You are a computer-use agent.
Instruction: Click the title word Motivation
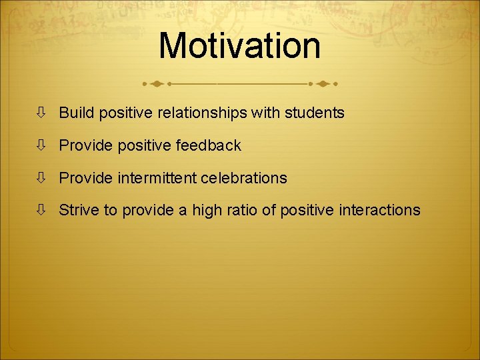(x=239, y=46)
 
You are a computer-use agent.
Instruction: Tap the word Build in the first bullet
(x=77, y=113)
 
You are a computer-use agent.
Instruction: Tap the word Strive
(x=79, y=211)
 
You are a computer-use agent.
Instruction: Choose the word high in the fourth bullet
(x=207, y=211)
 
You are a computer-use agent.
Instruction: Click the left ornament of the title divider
(x=157, y=84)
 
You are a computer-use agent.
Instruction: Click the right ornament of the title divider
(x=323, y=84)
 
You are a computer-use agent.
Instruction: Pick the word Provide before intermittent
(x=85, y=178)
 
